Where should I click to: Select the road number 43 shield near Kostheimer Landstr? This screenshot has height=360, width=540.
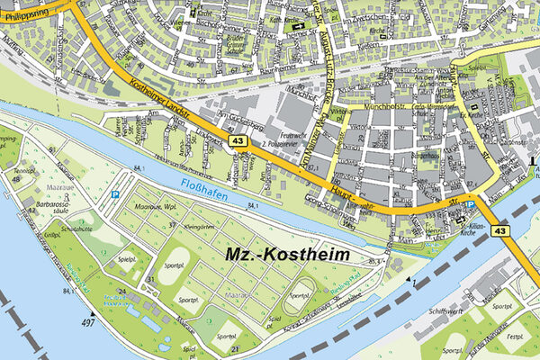click(x=238, y=141)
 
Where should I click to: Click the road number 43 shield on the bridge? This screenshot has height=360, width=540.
click(x=500, y=231)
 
